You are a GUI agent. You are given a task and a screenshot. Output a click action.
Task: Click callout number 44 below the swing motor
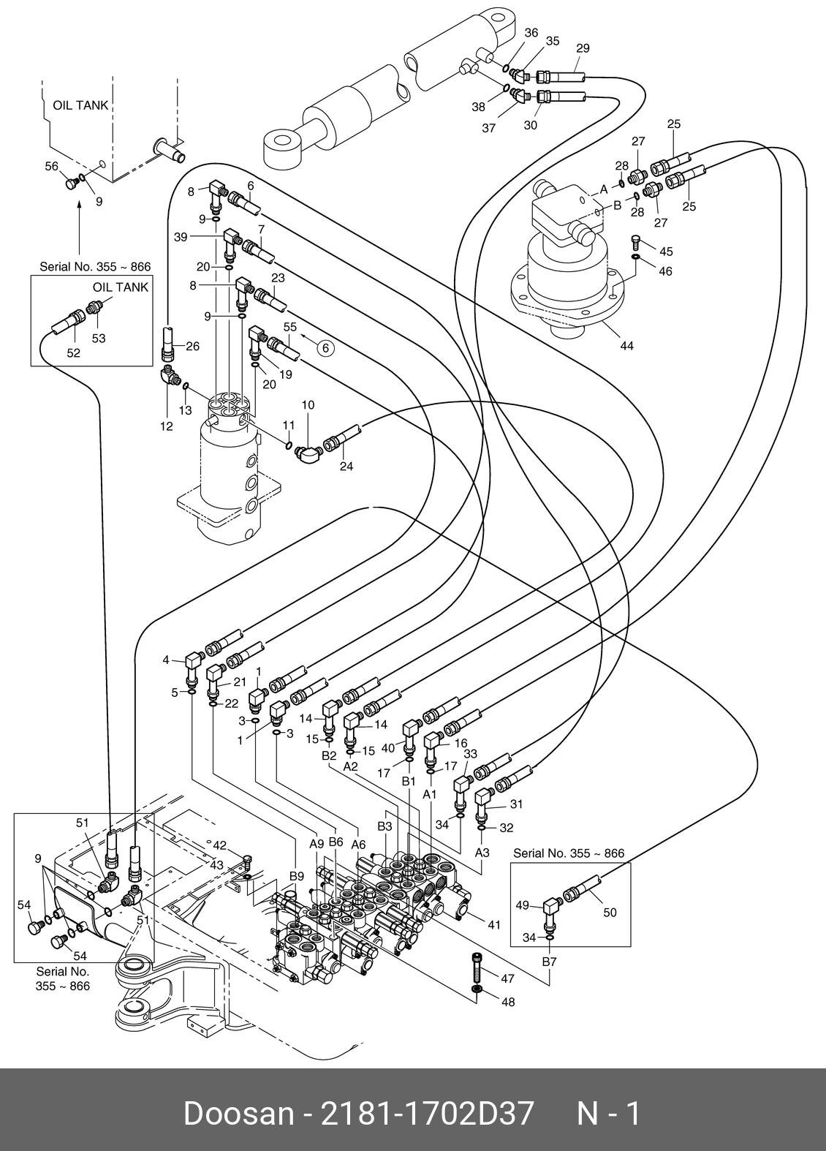(626, 346)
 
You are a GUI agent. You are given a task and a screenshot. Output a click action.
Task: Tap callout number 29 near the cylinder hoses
(583, 48)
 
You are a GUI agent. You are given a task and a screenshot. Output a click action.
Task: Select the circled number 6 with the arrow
(326, 349)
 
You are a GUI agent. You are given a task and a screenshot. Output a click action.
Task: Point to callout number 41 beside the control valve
(494, 925)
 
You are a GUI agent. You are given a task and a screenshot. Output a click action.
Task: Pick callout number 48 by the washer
(507, 1002)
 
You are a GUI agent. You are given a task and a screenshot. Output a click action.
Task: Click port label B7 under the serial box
(549, 962)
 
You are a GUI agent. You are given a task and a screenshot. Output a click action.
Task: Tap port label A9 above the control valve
(317, 843)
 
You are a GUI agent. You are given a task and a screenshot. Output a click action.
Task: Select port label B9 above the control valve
(296, 876)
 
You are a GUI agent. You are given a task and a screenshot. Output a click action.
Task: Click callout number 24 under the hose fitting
(346, 466)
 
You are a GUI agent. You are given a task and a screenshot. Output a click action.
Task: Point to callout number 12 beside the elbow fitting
(167, 426)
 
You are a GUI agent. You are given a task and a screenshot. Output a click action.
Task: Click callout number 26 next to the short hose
(192, 347)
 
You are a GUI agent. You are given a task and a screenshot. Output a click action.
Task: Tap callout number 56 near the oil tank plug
(52, 167)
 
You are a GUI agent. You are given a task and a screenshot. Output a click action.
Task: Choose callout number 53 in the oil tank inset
(98, 339)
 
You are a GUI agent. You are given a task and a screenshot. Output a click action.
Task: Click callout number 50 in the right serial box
(610, 912)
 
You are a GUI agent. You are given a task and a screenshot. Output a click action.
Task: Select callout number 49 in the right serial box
(523, 905)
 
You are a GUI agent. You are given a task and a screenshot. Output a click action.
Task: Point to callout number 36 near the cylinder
(531, 33)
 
